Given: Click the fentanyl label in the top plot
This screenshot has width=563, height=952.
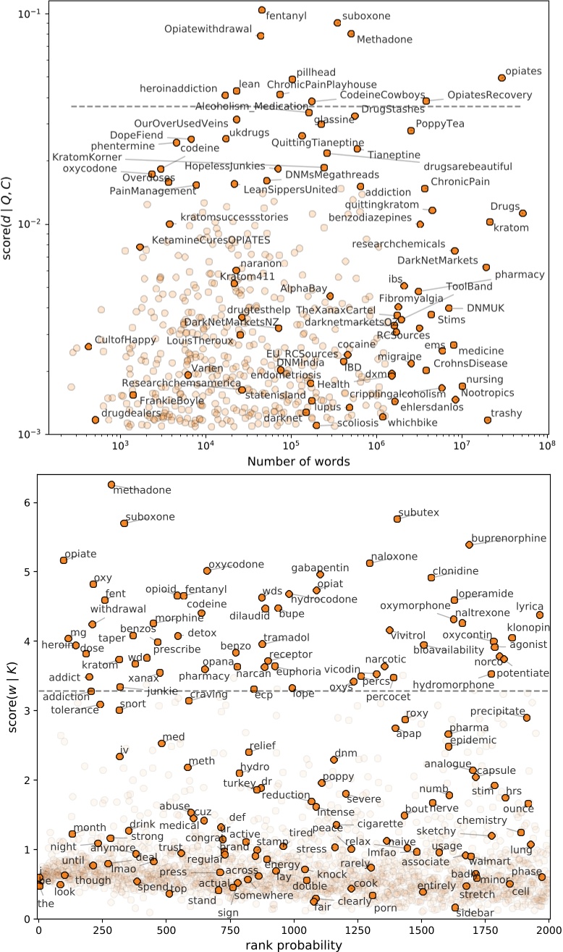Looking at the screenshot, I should (x=285, y=14).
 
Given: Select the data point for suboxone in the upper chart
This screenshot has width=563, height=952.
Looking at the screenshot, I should (x=337, y=22).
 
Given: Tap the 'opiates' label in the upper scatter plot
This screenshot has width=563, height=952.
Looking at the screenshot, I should (x=523, y=70).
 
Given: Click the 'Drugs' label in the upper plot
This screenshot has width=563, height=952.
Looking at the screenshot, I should (x=504, y=206).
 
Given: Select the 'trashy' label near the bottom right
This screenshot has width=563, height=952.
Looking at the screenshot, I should (x=507, y=413).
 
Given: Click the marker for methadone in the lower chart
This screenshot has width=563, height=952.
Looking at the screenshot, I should (x=111, y=484).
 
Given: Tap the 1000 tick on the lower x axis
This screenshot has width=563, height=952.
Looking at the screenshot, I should (x=294, y=930).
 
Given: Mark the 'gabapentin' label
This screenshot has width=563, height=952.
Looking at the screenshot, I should (x=320, y=567).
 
